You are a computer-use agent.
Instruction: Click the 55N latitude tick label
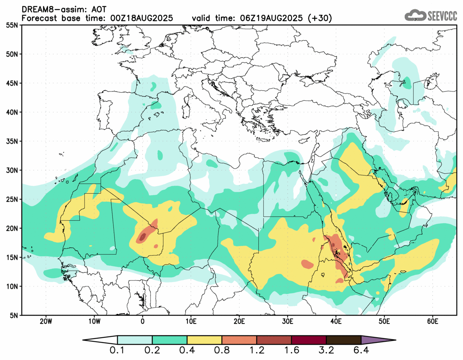coord(13,25)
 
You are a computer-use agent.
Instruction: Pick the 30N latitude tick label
coord(13,170)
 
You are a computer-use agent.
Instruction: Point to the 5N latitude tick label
coord(15,315)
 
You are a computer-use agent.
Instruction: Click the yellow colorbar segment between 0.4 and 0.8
coord(204,340)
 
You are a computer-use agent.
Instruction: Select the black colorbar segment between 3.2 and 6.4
coord(343,340)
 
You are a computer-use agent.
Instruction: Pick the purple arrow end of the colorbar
coord(378,340)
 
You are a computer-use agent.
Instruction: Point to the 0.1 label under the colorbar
coord(118,351)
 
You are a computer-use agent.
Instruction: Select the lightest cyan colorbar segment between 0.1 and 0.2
coord(135,340)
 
